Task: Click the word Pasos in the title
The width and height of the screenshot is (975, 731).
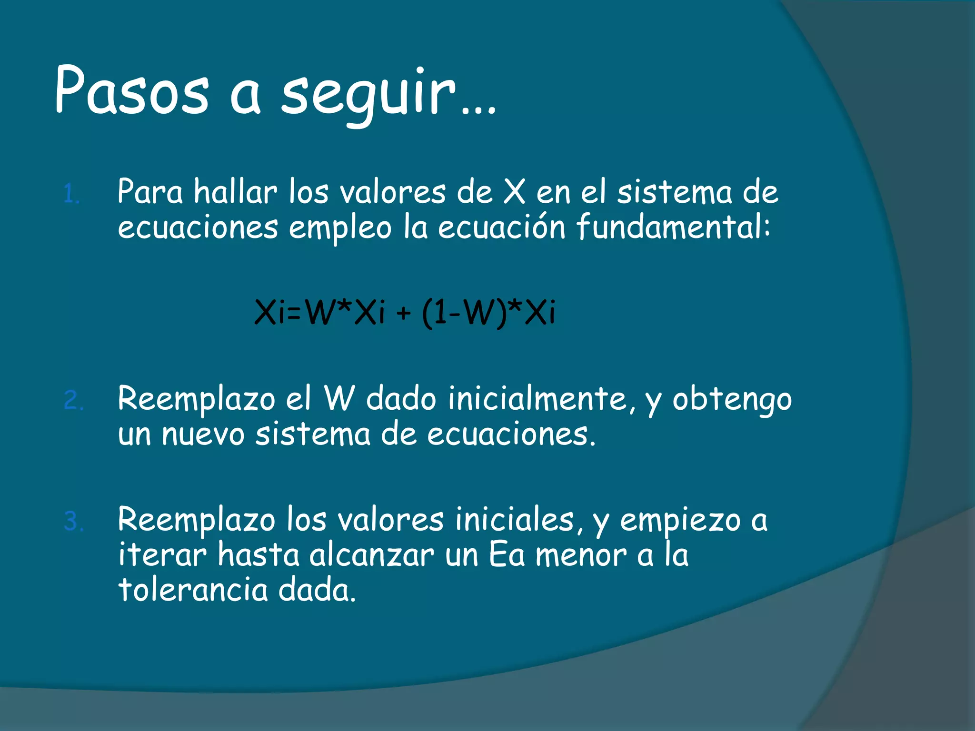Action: pyautogui.click(x=131, y=90)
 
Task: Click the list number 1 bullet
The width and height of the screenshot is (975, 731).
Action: pyautogui.click(x=71, y=195)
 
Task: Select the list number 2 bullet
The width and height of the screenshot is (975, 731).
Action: pyautogui.click(x=73, y=401)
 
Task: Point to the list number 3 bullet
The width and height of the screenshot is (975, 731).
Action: pyautogui.click(x=73, y=522)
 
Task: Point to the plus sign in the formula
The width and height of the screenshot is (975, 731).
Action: pyautogui.click(x=403, y=314)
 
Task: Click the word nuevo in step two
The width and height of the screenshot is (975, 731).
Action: pyautogui.click(x=203, y=434)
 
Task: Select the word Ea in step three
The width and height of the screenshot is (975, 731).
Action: pyautogui.click(x=507, y=555)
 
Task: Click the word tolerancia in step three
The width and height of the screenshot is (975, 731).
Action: pyautogui.click(x=193, y=590)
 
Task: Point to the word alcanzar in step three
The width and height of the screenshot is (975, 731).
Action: pyautogui.click(x=371, y=555)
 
